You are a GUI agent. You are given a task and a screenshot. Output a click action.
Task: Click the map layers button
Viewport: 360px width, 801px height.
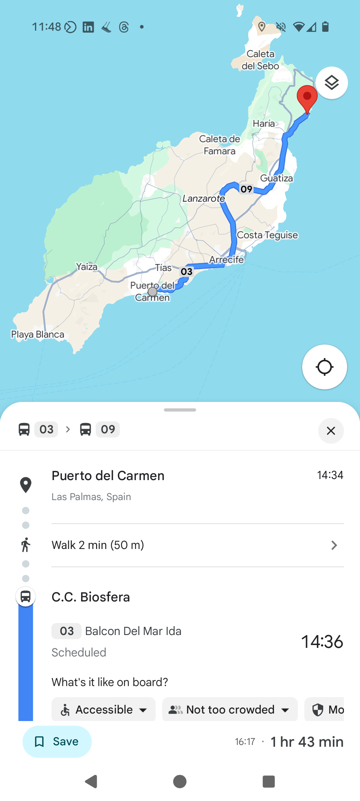click(x=331, y=83)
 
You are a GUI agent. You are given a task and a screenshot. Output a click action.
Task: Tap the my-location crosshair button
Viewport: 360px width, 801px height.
click(x=324, y=367)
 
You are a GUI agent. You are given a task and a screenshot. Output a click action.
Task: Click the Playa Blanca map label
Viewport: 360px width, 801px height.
click(x=38, y=334)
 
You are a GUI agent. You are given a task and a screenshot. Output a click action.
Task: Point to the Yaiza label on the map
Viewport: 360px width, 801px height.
click(x=87, y=267)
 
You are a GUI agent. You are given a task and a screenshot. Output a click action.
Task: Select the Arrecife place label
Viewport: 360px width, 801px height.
click(x=226, y=260)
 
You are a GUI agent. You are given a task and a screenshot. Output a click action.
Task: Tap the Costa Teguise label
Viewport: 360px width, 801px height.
click(x=267, y=235)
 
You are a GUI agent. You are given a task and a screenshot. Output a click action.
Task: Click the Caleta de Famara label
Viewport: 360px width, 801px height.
click(x=219, y=145)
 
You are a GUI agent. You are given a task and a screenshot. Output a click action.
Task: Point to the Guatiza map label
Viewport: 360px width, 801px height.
click(x=276, y=178)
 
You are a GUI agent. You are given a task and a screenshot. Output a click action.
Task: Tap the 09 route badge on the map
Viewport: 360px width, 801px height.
click(x=246, y=189)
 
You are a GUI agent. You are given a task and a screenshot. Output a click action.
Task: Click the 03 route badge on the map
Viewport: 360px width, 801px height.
click(x=186, y=272)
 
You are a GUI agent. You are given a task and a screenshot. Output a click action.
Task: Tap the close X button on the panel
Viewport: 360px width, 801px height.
click(x=331, y=431)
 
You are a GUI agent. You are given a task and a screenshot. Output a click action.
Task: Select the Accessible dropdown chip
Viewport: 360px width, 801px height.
click(x=104, y=710)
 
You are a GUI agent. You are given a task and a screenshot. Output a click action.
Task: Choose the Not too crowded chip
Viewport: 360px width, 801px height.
click(x=230, y=710)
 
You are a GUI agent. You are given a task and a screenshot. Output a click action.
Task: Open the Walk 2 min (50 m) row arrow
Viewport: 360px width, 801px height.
click(x=334, y=545)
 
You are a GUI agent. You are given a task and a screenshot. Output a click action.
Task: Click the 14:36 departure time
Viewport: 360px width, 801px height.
click(x=322, y=642)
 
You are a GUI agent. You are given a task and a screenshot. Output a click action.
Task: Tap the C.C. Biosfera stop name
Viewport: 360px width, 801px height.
click(x=91, y=597)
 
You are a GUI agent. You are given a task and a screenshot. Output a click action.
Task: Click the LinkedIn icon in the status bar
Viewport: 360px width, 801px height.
click(x=88, y=27)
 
